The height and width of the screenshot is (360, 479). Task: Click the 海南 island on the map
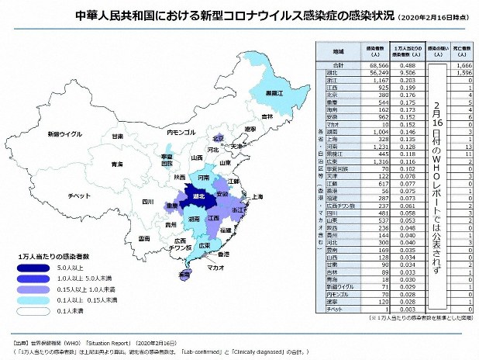coord(184,275)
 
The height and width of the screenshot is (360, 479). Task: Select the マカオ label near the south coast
coord(215,268)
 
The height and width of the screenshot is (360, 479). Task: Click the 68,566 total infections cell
coord(374,65)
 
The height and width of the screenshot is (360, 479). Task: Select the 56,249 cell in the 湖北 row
coord(374,72)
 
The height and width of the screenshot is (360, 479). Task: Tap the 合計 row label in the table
coord(338,65)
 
